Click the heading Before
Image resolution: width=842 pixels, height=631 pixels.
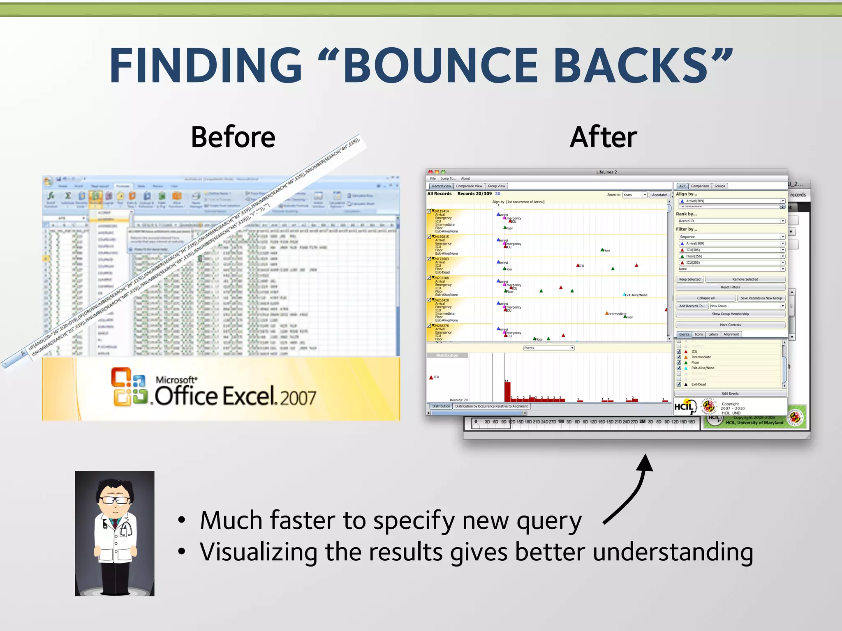coord(233,137)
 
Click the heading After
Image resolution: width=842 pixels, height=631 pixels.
coord(603,137)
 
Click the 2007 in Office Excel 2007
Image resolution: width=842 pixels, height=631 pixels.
coord(298,398)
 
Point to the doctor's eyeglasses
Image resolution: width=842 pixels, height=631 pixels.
coord(116,500)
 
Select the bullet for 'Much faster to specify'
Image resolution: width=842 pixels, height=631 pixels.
coord(182,520)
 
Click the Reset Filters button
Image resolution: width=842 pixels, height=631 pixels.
coord(730,287)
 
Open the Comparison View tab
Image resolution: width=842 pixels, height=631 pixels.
coord(469,186)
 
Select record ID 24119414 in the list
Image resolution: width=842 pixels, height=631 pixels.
coord(441,211)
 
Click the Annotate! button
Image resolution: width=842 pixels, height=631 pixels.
coord(659,195)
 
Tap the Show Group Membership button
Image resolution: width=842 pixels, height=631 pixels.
coord(730,314)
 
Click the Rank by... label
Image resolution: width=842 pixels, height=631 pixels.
coord(686,214)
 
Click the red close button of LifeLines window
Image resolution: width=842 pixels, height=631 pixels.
coord(430,172)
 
